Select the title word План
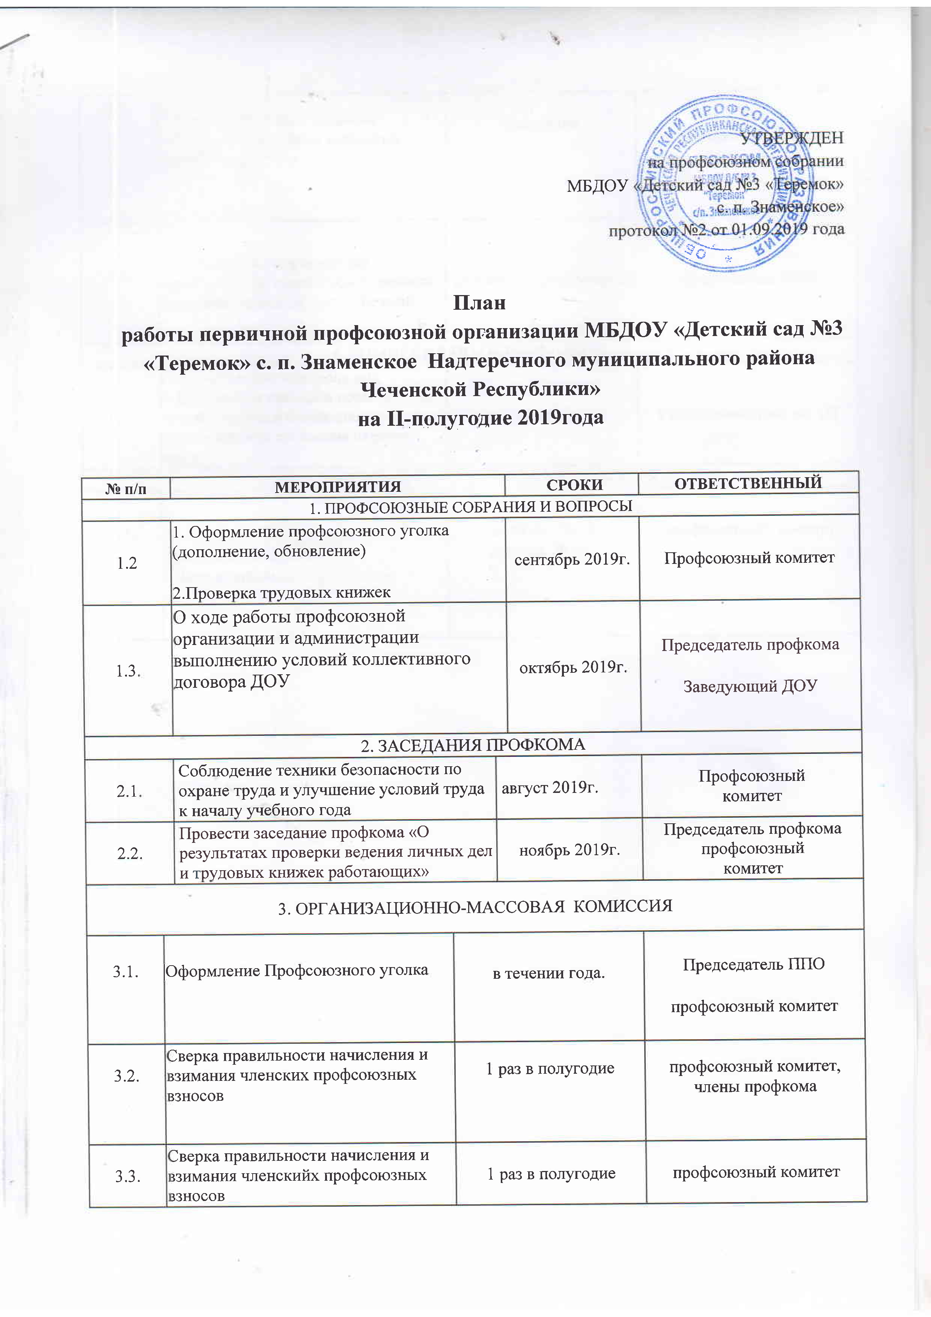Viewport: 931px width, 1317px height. (479, 302)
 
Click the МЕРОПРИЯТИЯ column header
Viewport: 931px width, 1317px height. (338, 487)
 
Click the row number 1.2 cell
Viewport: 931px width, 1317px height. (127, 563)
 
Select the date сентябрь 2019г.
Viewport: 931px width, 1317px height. (572, 560)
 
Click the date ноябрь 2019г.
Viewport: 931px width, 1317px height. (569, 850)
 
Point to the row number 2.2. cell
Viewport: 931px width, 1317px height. (130, 853)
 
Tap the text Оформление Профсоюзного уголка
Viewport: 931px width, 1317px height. (297, 970)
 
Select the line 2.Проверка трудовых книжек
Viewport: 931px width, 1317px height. (282, 592)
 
